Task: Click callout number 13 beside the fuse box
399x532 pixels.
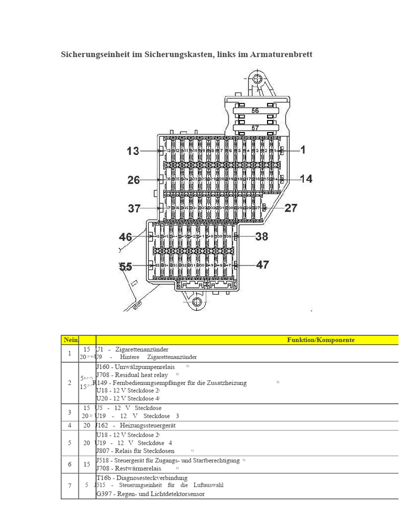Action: (x=134, y=151)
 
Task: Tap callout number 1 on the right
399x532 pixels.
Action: (x=303, y=150)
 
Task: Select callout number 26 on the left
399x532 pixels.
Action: (x=134, y=180)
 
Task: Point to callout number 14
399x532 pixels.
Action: (x=306, y=179)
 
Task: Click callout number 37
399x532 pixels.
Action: (x=135, y=208)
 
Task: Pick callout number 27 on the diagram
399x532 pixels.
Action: (x=291, y=208)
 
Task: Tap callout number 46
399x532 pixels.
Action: (x=126, y=237)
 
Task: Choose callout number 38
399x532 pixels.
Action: (x=262, y=236)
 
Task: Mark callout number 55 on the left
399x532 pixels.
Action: (x=126, y=267)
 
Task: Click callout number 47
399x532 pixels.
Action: (x=263, y=265)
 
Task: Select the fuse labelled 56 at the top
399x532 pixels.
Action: (x=255, y=111)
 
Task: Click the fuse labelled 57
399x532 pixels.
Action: (x=255, y=128)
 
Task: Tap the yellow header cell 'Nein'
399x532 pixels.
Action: (x=70, y=340)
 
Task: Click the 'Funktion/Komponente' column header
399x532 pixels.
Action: (x=321, y=340)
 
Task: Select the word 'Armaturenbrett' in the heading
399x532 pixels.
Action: (x=284, y=54)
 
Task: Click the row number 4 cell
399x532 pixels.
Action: (x=70, y=425)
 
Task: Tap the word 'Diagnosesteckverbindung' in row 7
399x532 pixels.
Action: (x=149, y=477)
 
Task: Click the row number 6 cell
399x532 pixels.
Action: (x=70, y=464)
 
